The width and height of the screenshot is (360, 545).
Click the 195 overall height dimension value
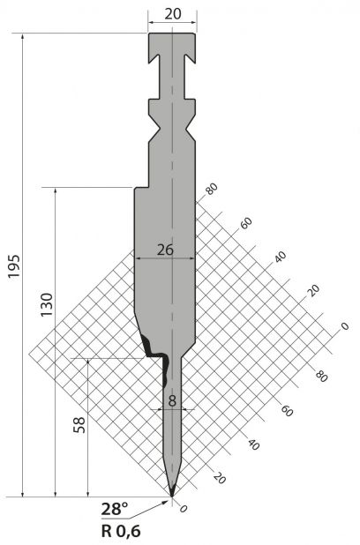point(14,266)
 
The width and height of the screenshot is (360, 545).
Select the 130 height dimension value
point(47,304)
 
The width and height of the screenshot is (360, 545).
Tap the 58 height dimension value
point(79,424)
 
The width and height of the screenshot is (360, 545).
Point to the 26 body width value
point(165,250)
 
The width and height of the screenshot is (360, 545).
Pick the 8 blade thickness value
point(172,400)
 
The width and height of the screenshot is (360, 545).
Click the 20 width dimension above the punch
point(173,14)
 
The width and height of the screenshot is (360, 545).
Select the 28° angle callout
point(115,509)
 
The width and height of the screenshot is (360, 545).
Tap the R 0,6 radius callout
point(121,531)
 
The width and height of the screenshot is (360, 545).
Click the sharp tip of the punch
point(172,496)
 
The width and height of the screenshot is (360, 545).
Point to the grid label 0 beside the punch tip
point(184,509)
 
